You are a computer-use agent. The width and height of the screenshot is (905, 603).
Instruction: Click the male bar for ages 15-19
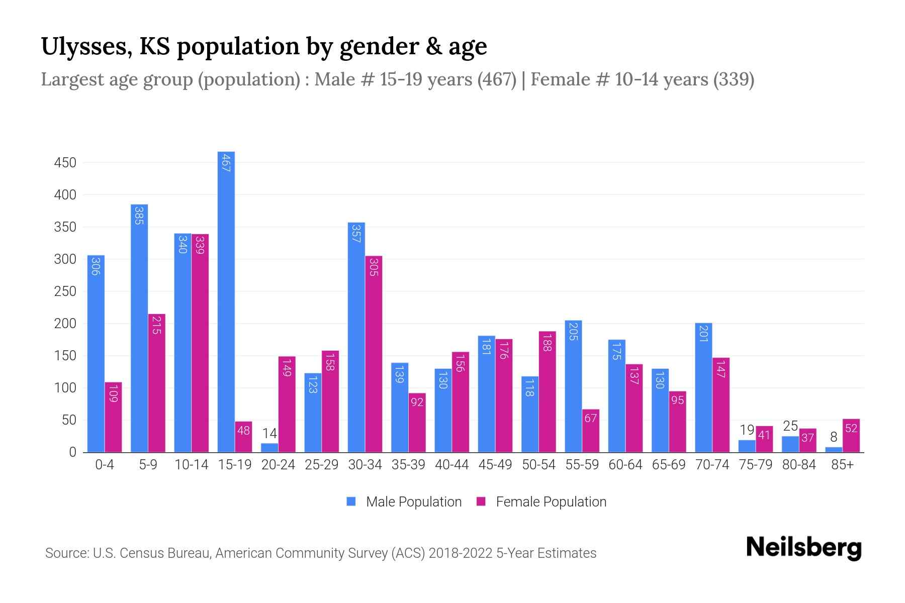click(x=226, y=301)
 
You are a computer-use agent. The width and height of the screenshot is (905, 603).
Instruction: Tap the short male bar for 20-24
click(x=269, y=448)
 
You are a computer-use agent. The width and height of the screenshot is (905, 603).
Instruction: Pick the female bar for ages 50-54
click(x=547, y=392)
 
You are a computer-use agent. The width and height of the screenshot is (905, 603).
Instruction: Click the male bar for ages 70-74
click(x=703, y=387)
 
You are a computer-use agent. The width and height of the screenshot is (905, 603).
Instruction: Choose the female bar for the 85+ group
click(x=851, y=436)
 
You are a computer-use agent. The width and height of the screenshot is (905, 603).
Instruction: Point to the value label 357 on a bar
click(x=356, y=234)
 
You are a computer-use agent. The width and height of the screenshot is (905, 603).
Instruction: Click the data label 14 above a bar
click(x=269, y=434)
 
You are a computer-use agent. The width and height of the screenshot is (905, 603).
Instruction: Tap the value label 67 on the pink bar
click(x=590, y=418)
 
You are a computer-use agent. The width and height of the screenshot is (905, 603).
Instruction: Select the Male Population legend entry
click(x=404, y=502)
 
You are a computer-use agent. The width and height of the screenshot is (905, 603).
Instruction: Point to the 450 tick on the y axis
click(x=65, y=163)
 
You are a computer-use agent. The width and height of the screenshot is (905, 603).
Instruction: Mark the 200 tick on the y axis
click(x=65, y=324)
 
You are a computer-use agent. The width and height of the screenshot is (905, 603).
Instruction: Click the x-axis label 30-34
click(x=365, y=465)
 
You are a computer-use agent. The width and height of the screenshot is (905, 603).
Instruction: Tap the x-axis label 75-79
click(x=755, y=465)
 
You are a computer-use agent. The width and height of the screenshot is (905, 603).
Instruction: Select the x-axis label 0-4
click(x=105, y=465)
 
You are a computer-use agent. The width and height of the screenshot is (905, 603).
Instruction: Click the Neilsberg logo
click(x=803, y=548)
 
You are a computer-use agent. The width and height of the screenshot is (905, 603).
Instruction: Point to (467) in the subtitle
click(x=497, y=79)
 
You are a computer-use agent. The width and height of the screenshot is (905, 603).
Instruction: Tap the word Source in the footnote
click(x=66, y=553)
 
